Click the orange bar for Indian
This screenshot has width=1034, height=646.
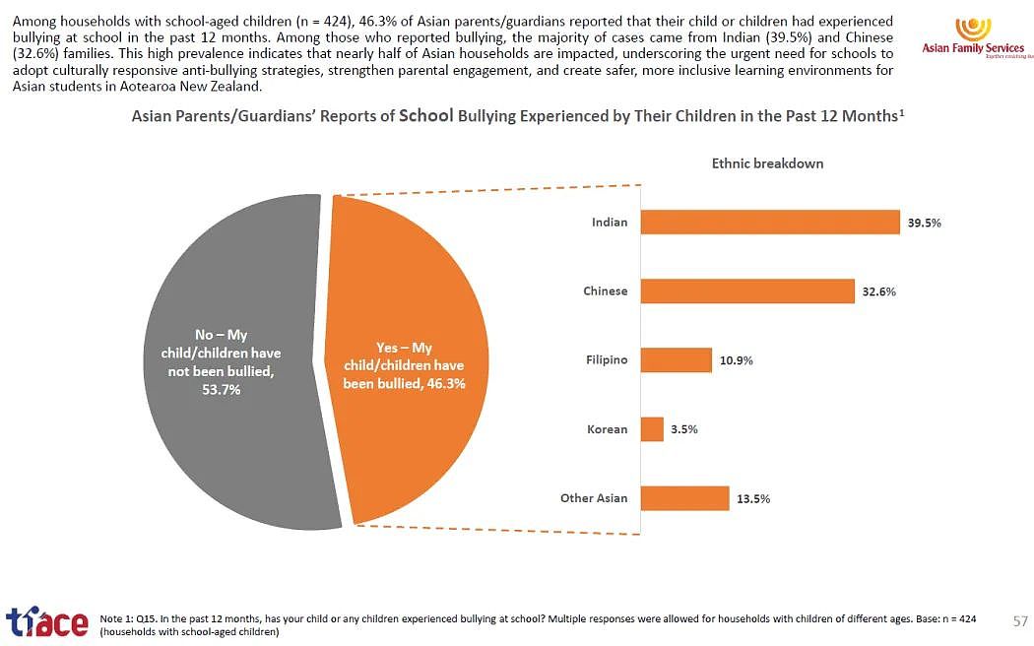pyautogui.click(x=770, y=223)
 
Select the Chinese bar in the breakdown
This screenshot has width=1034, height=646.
pyautogui.click(x=747, y=291)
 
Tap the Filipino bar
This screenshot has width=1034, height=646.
pyautogui.click(x=677, y=360)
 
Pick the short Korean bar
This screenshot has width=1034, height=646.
pyautogui.click(x=652, y=429)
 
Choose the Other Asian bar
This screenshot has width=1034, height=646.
pyautogui.click(x=685, y=498)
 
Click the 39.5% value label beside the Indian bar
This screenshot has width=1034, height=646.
pyautogui.click(x=925, y=223)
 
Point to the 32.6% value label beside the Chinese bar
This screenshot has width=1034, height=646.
pyautogui.click(x=879, y=291)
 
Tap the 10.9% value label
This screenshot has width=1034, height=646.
pyautogui.click(x=737, y=360)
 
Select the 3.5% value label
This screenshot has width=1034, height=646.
pyautogui.click(x=684, y=429)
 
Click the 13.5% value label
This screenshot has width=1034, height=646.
pyautogui.click(x=753, y=499)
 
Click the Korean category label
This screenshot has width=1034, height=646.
pyautogui.click(x=608, y=429)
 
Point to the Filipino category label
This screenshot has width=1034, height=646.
pyautogui.click(x=607, y=359)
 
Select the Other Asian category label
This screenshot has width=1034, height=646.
pyautogui.click(x=594, y=498)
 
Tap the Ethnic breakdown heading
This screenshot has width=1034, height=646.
pyautogui.click(x=767, y=163)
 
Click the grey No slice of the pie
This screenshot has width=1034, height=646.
pyautogui.click(x=237, y=361)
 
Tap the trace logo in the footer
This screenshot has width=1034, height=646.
pyautogui.click(x=47, y=622)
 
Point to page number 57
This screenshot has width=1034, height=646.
pyautogui.click(x=1020, y=621)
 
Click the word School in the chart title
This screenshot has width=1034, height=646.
pyautogui.click(x=426, y=115)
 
